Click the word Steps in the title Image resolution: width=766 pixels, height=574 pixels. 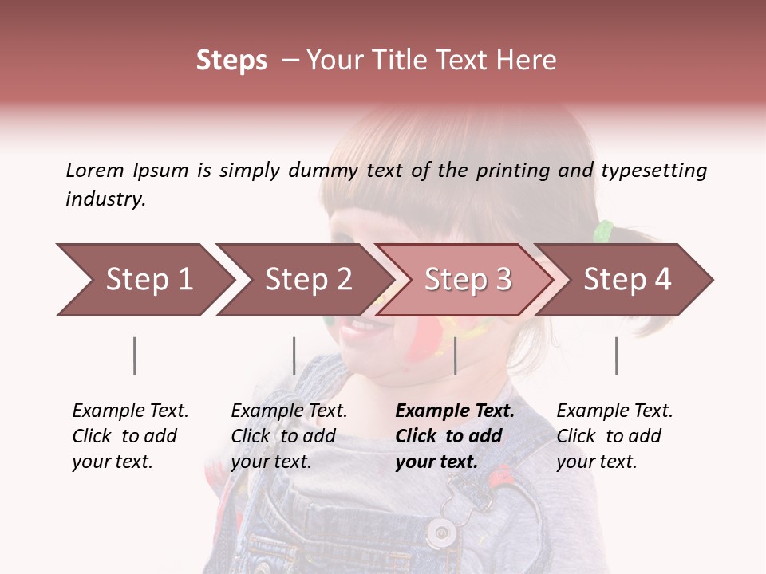(x=231, y=61)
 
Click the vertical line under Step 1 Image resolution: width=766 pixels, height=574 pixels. (x=135, y=356)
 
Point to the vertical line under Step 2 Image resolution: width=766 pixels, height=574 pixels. (x=294, y=356)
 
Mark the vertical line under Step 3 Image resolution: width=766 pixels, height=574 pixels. (x=455, y=356)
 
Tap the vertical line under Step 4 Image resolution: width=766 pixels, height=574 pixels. (x=616, y=356)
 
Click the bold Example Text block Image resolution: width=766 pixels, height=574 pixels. (x=455, y=436)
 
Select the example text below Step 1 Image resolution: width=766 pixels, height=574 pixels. (x=130, y=436)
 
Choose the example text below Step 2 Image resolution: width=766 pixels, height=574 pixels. (x=289, y=436)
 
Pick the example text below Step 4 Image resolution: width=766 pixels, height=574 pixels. (x=614, y=436)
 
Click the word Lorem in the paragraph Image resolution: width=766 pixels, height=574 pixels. (x=94, y=170)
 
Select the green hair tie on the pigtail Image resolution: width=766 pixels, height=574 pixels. (x=604, y=231)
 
